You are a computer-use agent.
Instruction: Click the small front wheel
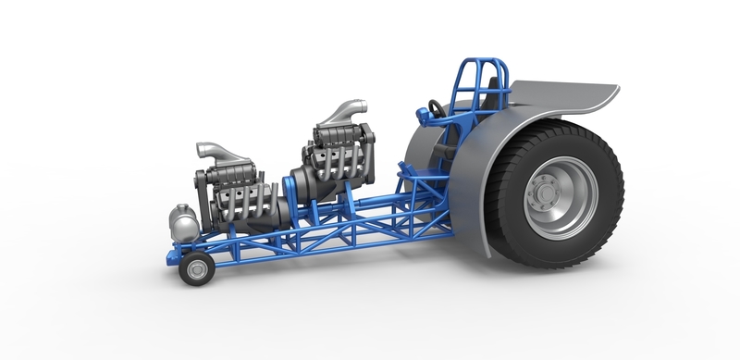click(x=196, y=268)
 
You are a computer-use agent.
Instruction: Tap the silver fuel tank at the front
click(x=182, y=223)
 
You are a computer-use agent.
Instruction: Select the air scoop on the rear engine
click(x=338, y=112)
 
